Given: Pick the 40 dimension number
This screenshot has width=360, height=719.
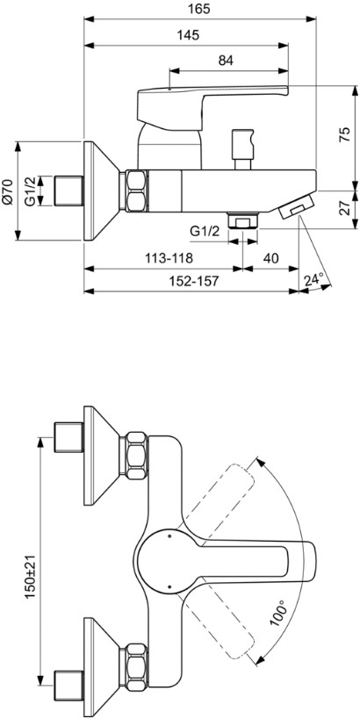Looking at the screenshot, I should click(270, 257).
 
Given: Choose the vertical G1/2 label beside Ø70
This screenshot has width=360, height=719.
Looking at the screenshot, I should click(30, 191).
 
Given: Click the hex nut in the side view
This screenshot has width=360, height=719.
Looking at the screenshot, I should click(137, 191).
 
